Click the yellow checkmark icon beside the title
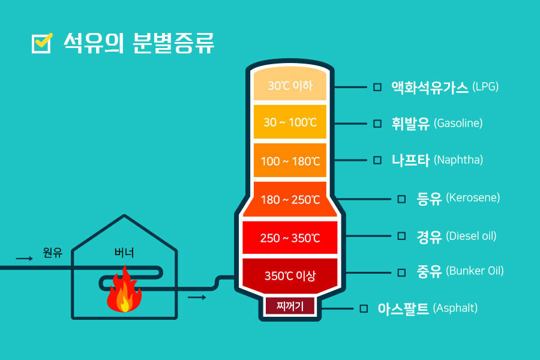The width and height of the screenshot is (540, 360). (x=42, y=43)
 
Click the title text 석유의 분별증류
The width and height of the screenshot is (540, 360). (x=138, y=43)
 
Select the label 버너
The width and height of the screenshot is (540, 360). (x=124, y=253)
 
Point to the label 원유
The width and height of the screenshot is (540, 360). (x=53, y=253)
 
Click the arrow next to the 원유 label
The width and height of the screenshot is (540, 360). (x=25, y=259)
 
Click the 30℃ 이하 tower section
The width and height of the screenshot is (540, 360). (x=290, y=85)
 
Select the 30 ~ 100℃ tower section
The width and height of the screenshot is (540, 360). (x=290, y=122)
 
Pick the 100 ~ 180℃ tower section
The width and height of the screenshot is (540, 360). (x=290, y=161)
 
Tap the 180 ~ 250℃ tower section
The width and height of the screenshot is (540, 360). (x=290, y=199)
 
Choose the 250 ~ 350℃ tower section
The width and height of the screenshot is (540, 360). (x=290, y=238)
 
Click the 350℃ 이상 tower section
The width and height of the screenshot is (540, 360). (x=290, y=276)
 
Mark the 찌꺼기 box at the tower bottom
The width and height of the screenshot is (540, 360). (x=290, y=307)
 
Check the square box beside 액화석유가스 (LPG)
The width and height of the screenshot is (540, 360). (x=377, y=87)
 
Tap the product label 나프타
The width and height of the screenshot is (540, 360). (x=410, y=160)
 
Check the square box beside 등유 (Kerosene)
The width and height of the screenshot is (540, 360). (x=401, y=199)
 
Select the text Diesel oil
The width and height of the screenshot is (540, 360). (x=472, y=236)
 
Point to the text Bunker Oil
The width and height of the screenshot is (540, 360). (x=475, y=271)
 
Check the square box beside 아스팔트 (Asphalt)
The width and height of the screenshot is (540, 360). (x=363, y=308)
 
